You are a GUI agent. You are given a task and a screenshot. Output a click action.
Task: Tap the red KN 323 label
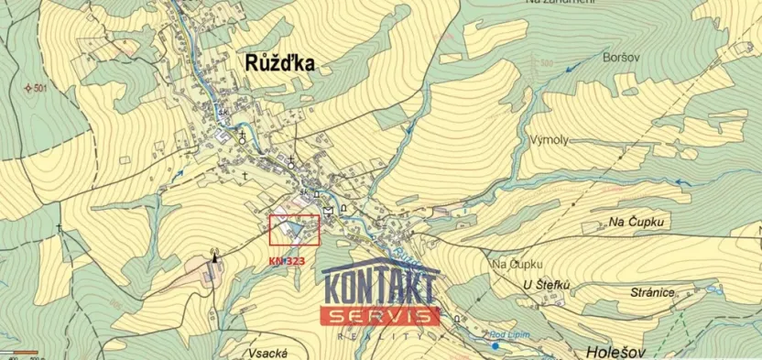pos(287,261)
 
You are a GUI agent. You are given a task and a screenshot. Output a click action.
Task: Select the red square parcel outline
pos(294,230)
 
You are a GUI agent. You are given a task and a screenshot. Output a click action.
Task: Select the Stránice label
pos(652,291)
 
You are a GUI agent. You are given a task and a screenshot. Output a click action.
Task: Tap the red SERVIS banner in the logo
pos(378,315)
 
